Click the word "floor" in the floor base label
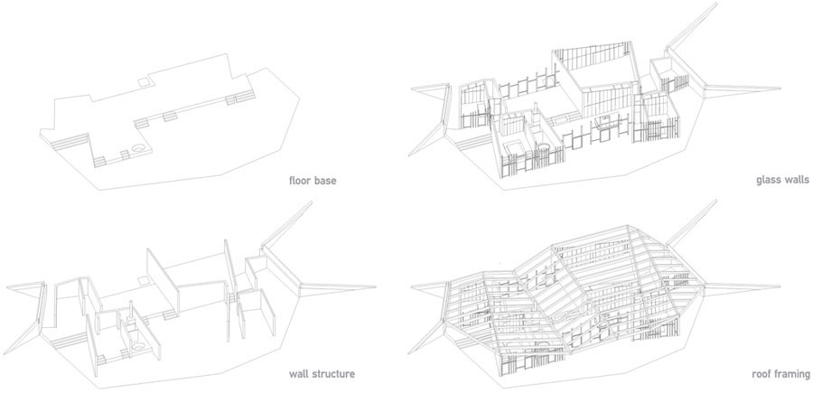tap(300, 181)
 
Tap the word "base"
tap(325, 181)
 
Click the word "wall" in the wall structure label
tap(298, 373)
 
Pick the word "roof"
tap(762, 373)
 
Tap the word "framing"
tap(793, 374)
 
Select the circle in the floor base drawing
tap(139, 148)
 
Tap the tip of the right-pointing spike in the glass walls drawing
tap(780, 89)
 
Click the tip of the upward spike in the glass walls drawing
tap(716, 3)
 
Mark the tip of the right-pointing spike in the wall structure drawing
tap(376, 286)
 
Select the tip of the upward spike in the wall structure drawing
tap(313, 202)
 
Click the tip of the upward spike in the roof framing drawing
tap(716, 201)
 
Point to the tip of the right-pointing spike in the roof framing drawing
tap(780, 286)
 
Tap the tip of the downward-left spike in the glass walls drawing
tap(408, 155)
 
